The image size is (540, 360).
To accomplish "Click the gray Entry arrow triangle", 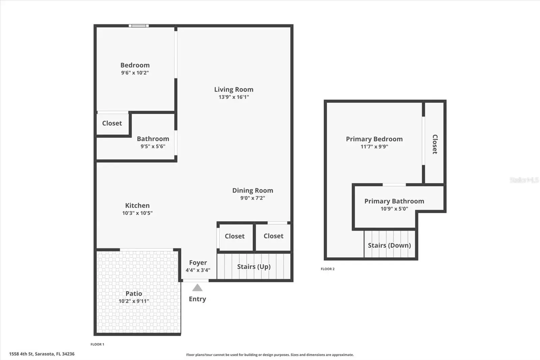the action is tap(197, 287).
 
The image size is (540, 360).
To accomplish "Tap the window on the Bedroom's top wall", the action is tap(139, 26).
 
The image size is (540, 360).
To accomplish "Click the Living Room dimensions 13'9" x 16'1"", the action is tap(234, 97).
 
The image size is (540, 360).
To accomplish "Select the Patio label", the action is tap(134, 293).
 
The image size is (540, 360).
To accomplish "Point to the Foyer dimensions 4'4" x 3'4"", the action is tap(198, 270).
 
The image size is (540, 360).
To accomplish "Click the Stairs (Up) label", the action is tap(253, 266).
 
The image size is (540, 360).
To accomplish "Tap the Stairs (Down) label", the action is tap(389, 246).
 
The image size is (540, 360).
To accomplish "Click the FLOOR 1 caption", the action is tap(97, 344).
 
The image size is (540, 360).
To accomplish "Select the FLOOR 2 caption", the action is tap(327, 269).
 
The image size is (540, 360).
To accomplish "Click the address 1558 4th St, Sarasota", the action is tap(42, 354).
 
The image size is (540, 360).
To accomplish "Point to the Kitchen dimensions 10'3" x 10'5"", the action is tap(137, 213).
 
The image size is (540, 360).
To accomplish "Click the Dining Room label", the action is tap(253, 190).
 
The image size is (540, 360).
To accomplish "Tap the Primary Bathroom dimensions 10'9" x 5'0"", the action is tap(394, 209).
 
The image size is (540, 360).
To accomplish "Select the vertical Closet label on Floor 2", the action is tap(435, 144).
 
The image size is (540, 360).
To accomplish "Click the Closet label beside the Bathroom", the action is tap(112, 123).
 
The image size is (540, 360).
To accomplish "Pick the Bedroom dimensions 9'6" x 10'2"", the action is tap(135, 73).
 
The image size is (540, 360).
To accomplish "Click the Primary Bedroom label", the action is tap(374, 139).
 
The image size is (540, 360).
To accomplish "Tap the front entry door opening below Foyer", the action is tap(196, 281).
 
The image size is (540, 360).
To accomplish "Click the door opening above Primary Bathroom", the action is tap(394, 185).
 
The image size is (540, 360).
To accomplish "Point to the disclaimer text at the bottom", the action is tap(270, 355).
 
